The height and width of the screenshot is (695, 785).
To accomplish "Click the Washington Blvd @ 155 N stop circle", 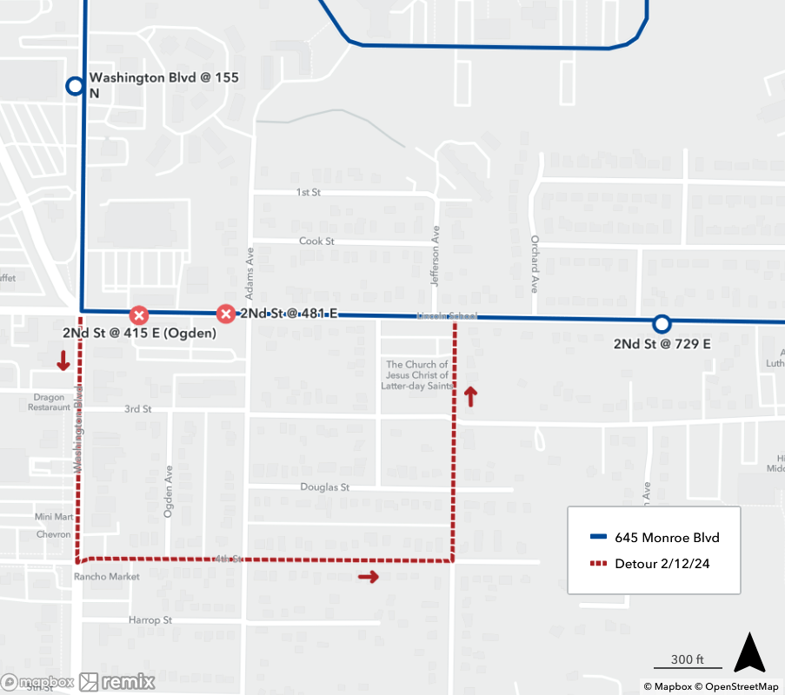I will coord(75,86).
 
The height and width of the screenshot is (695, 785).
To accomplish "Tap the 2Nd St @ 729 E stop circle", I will coord(662,324).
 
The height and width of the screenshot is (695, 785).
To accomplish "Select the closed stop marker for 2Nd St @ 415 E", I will coord(138,314).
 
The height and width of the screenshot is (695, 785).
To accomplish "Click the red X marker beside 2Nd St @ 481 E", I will coord(226,314).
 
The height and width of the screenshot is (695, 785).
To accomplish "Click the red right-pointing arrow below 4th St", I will coord(369,577).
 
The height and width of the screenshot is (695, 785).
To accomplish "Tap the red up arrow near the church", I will coord(470,397).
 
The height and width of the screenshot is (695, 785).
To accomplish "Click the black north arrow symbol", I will coord(749,653).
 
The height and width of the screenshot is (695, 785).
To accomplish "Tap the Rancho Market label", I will coord(107,576).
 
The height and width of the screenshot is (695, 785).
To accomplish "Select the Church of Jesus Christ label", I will coord(417,375).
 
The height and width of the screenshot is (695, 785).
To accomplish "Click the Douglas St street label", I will coord(324,487).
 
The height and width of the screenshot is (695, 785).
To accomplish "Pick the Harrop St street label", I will coord(150,620).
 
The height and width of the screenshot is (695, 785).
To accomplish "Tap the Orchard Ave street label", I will coord(535,263).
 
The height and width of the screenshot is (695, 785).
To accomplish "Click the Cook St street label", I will coord(316,241).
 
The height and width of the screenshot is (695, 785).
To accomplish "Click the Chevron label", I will coord(54,534).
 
